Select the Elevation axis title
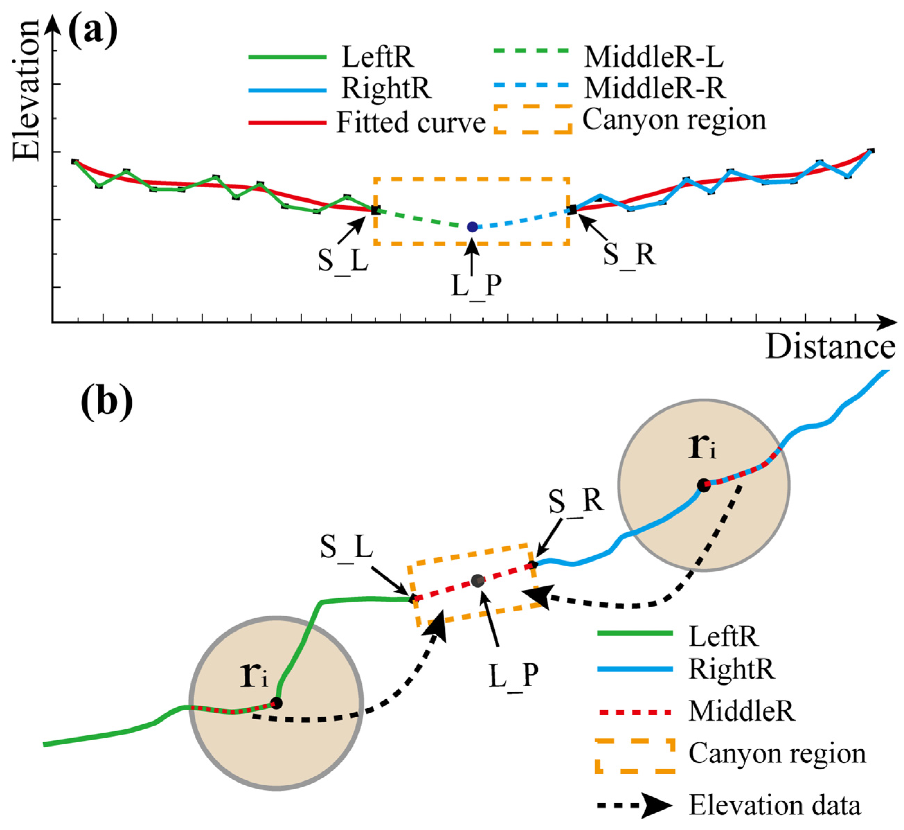point(26,90)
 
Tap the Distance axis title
point(830,347)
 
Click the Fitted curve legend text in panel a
point(411,122)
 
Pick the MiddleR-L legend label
point(654,57)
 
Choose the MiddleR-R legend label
point(655,88)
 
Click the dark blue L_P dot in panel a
point(472,227)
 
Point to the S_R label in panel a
point(629,255)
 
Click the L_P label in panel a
point(476,285)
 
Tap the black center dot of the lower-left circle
point(276,703)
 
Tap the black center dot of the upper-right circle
point(703,485)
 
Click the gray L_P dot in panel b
point(477,581)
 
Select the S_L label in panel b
point(346,547)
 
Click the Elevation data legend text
point(775,805)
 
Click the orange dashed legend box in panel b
point(635,756)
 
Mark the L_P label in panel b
point(513,675)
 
